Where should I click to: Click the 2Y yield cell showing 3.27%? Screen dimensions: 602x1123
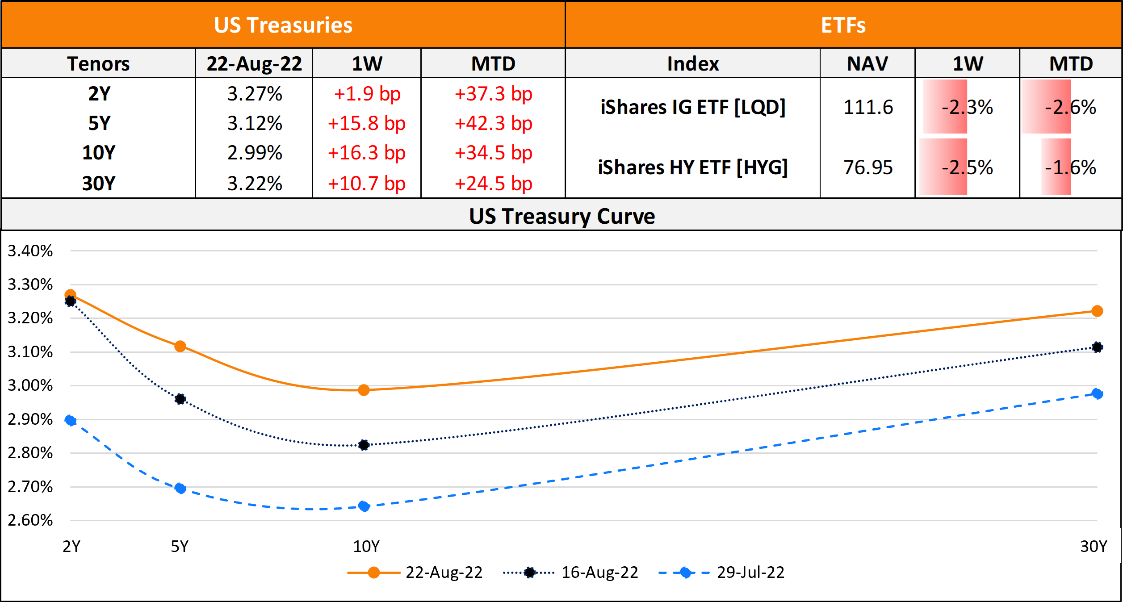click(x=255, y=94)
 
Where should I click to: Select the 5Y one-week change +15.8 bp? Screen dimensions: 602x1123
click(x=366, y=124)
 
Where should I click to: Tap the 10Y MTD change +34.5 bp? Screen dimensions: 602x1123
click(x=493, y=153)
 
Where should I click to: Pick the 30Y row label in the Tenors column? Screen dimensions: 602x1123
click(x=99, y=184)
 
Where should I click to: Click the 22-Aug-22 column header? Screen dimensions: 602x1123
click(x=254, y=63)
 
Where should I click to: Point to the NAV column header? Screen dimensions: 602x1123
click(x=867, y=63)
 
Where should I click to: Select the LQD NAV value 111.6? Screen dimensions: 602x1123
click(x=868, y=107)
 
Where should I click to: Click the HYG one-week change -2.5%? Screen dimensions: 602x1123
click(x=967, y=167)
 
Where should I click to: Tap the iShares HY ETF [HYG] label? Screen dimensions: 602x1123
click(x=693, y=167)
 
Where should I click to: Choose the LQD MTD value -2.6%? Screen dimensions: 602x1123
click(x=1070, y=107)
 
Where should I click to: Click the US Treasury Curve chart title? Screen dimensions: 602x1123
click(x=561, y=216)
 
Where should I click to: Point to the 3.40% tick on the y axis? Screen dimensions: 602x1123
click(x=30, y=251)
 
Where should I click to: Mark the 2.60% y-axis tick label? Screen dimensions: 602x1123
click(x=30, y=520)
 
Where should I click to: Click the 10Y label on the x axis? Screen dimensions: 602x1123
click(x=366, y=547)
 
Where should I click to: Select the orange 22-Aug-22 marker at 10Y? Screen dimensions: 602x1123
click(x=364, y=390)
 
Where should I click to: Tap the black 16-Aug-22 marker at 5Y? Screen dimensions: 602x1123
click(x=180, y=399)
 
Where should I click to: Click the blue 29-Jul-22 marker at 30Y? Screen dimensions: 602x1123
click(x=1097, y=394)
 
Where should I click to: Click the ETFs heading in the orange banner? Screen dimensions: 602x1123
click(x=843, y=25)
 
